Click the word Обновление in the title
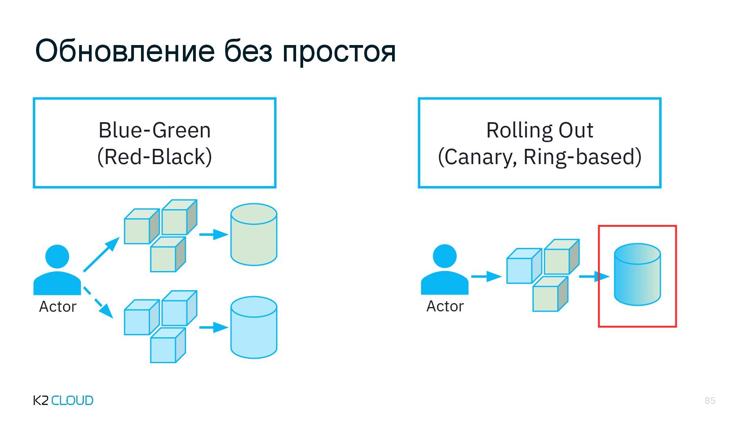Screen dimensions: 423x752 (125, 51)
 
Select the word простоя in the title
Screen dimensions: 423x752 (339, 52)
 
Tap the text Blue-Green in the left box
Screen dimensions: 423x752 (154, 130)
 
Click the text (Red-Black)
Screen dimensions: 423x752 (154, 157)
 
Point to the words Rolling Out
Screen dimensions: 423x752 (539, 130)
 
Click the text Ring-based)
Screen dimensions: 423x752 (582, 157)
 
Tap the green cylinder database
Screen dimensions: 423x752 (254, 235)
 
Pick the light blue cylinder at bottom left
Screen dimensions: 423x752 (254, 327)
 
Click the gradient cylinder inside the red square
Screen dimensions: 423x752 (637, 275)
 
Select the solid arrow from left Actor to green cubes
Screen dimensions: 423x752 (101, 255)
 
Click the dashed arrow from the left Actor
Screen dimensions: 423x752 (98, 302)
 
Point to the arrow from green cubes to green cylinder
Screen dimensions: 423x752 (213, 235)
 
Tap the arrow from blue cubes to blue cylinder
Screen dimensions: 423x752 (213, 327)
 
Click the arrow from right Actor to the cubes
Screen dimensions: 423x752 (486, 277)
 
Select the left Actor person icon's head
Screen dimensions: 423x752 (57, 257)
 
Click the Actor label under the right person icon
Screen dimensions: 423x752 (445, 306)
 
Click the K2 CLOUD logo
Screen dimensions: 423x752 (63, 400)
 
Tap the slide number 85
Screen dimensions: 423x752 (710, 400)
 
